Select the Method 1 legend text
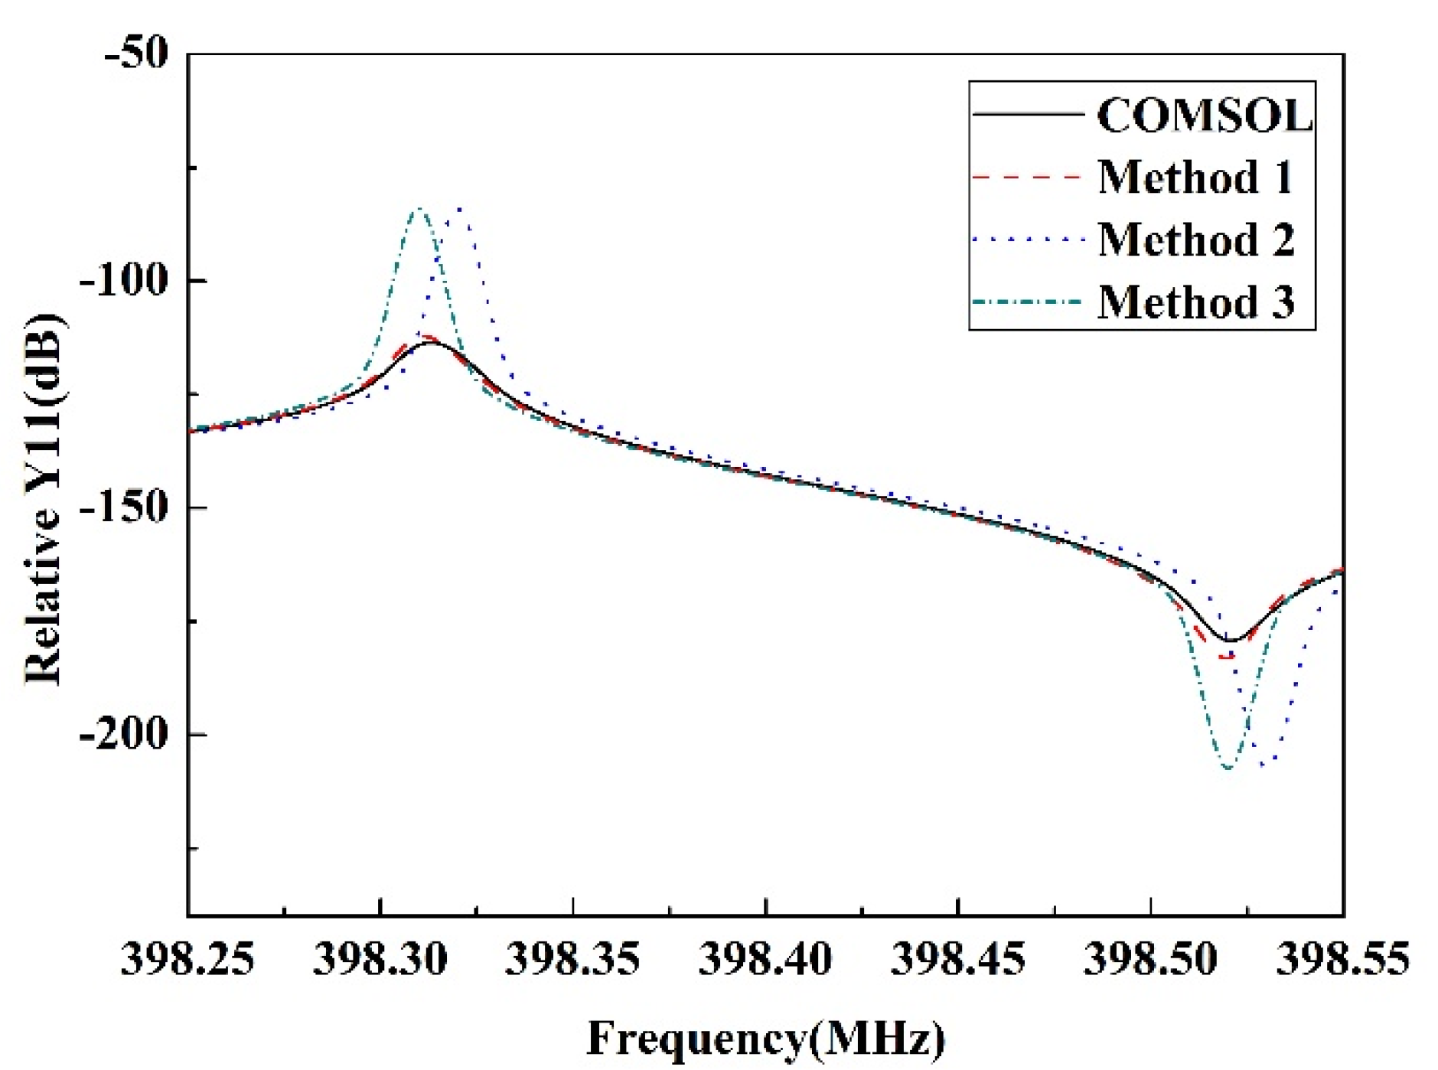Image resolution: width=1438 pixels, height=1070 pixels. [x=1195, y=178]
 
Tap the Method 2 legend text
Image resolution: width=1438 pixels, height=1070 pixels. [x=1195, y=240]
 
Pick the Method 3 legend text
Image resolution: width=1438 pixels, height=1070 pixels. [x=1195, y=302]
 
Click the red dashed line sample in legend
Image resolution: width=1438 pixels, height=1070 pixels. [x=1026, y=177]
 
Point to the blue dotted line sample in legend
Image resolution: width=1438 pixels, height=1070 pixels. [x=1026, y=240]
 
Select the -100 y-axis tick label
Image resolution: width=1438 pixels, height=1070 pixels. [x=122, y=280]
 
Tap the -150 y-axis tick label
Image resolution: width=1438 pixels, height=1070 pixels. [x=122, y=507]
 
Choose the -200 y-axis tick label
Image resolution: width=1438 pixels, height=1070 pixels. [x=122, y=733]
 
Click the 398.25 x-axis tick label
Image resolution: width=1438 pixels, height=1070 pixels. [x=187, y=958]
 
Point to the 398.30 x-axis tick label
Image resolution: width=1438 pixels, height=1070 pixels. [x=380, y=958]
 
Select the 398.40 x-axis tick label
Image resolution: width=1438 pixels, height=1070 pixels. [x=765, y=958]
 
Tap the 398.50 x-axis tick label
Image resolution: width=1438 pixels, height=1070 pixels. [x=1150, y=958]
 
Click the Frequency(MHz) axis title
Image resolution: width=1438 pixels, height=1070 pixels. [x=765, y=1039]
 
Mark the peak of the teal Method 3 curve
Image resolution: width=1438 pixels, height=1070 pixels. [x=419, y=208]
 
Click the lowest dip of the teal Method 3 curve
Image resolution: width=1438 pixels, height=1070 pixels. [x=1228, y=768]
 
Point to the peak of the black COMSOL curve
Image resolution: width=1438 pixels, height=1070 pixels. [x=432, y=342]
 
